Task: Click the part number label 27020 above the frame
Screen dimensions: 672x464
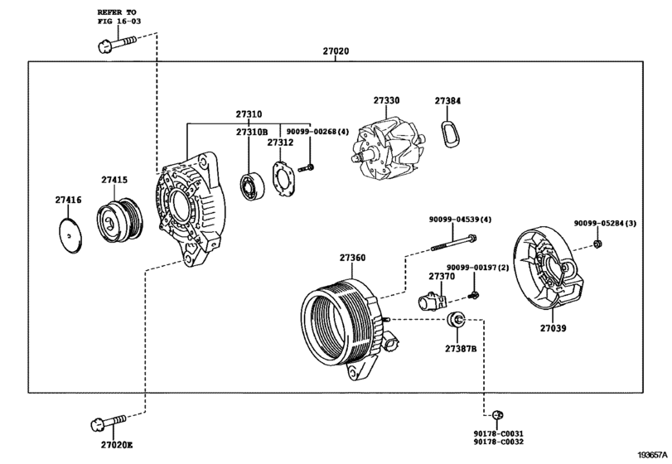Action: point(336,51)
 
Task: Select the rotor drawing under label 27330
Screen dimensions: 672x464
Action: point(388,148)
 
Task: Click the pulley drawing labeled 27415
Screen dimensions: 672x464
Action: point(120,220)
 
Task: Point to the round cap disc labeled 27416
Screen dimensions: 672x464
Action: point(70,235)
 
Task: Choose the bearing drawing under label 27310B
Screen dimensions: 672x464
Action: point(252,186)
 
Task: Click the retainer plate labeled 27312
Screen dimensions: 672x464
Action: point(283,179)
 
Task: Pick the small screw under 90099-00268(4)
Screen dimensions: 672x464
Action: point(307,167)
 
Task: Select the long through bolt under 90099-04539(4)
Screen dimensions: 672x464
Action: point(453,243)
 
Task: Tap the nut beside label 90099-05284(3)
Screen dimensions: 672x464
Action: point(597,244)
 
